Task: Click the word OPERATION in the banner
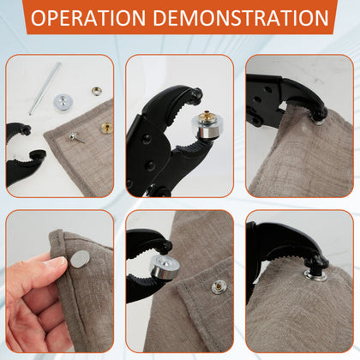click(x=88, y=18)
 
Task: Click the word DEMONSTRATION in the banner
click(x=241, y=18)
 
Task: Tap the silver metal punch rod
click(x=45, y=88)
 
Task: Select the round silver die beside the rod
click(x=64, y=102)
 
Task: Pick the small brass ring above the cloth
click(x=97, y=91)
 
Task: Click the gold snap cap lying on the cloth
click(x=106, y=129)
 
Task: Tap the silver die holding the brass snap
click(x=205, y=127)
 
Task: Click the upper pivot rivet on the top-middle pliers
click(x=147, y=139)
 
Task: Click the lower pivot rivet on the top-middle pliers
click(x=150, y=165)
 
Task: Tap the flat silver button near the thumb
click(x=80, y=260)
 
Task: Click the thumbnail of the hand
click(x=58, y=261)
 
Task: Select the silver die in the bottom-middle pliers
click(x=165, y=267)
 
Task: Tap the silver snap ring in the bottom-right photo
click(x=315, y=274)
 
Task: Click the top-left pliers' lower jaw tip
click(x=39, y=154)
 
